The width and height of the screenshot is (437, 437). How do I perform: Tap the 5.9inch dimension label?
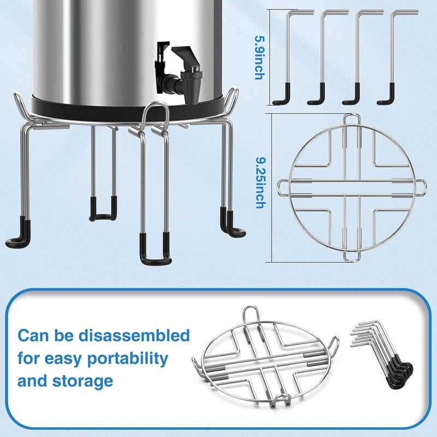point(259,58)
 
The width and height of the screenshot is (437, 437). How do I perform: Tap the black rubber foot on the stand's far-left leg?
point(20,232)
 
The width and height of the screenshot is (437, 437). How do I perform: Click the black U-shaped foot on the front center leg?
point(155,251)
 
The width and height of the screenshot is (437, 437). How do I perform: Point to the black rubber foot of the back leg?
point(103,210)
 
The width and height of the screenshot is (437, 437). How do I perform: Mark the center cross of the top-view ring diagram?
point(352,187)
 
